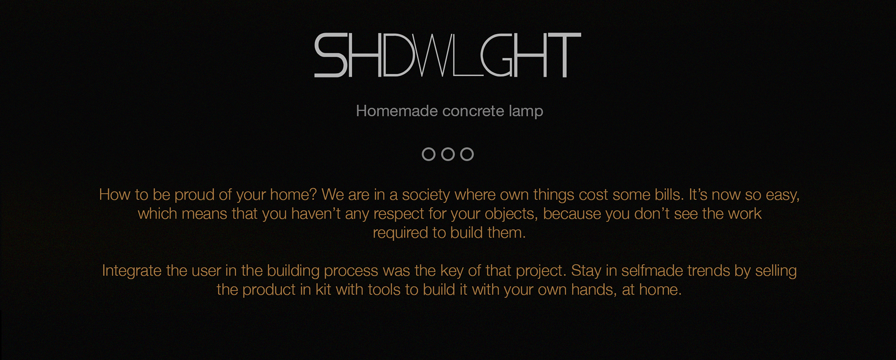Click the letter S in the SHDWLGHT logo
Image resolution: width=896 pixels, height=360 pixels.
tap(330, 55)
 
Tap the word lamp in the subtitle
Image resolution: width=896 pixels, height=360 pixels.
tap(526, 111)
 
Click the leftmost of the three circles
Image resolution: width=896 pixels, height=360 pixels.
tap(428, 154)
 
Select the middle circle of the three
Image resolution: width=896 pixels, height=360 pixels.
tap(448, 154)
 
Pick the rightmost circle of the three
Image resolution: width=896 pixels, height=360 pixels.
tap(467, 154)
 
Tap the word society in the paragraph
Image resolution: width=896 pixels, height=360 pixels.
tap(426, 195)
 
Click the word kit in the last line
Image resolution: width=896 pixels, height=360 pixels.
tap(323, 290)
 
